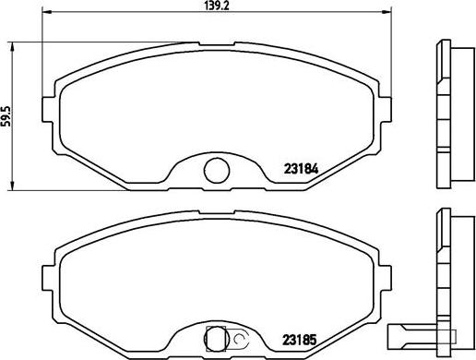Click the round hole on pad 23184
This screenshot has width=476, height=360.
coord(217,169)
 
